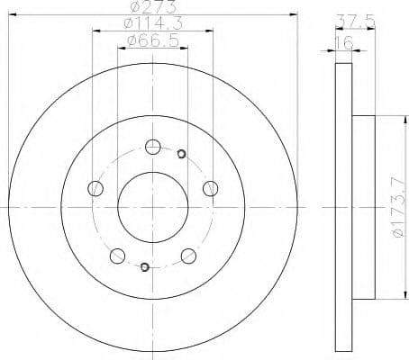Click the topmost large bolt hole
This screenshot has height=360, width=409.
(152, 146)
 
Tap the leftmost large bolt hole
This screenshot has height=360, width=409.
(95, 188)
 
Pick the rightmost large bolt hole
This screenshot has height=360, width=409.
(210, 188)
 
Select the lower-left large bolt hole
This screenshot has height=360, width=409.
(116, 256)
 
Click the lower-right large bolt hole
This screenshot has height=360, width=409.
(188, 256)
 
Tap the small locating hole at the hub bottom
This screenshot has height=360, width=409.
(144, 266)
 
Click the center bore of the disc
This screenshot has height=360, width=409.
(152, 208)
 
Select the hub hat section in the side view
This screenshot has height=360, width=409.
(362, 209)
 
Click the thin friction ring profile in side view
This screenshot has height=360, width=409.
(343, 209)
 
